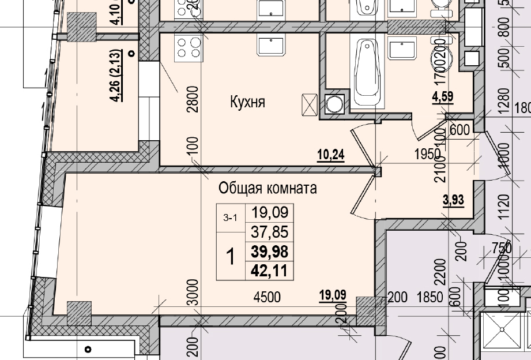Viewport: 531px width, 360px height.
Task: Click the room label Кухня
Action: pyautogui.click(x=247, y=103)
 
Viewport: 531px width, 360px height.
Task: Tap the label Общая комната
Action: pyautogui.click(x=267, y=189)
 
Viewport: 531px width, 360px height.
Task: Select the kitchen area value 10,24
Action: pyautogui.click(x=330, y=155)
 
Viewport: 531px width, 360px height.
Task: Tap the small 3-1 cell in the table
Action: pyautogui.click(x=231, y=218)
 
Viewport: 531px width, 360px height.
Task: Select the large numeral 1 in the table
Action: pyautogui.click(x=231, y=256)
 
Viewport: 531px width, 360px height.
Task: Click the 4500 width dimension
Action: pyautogui.click(x=267, y=298)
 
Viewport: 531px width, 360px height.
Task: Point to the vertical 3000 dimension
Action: pyautogui.click(x=193, y=293)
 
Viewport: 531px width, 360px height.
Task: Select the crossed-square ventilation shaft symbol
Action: pyautogui.click(x=310, y=105)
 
